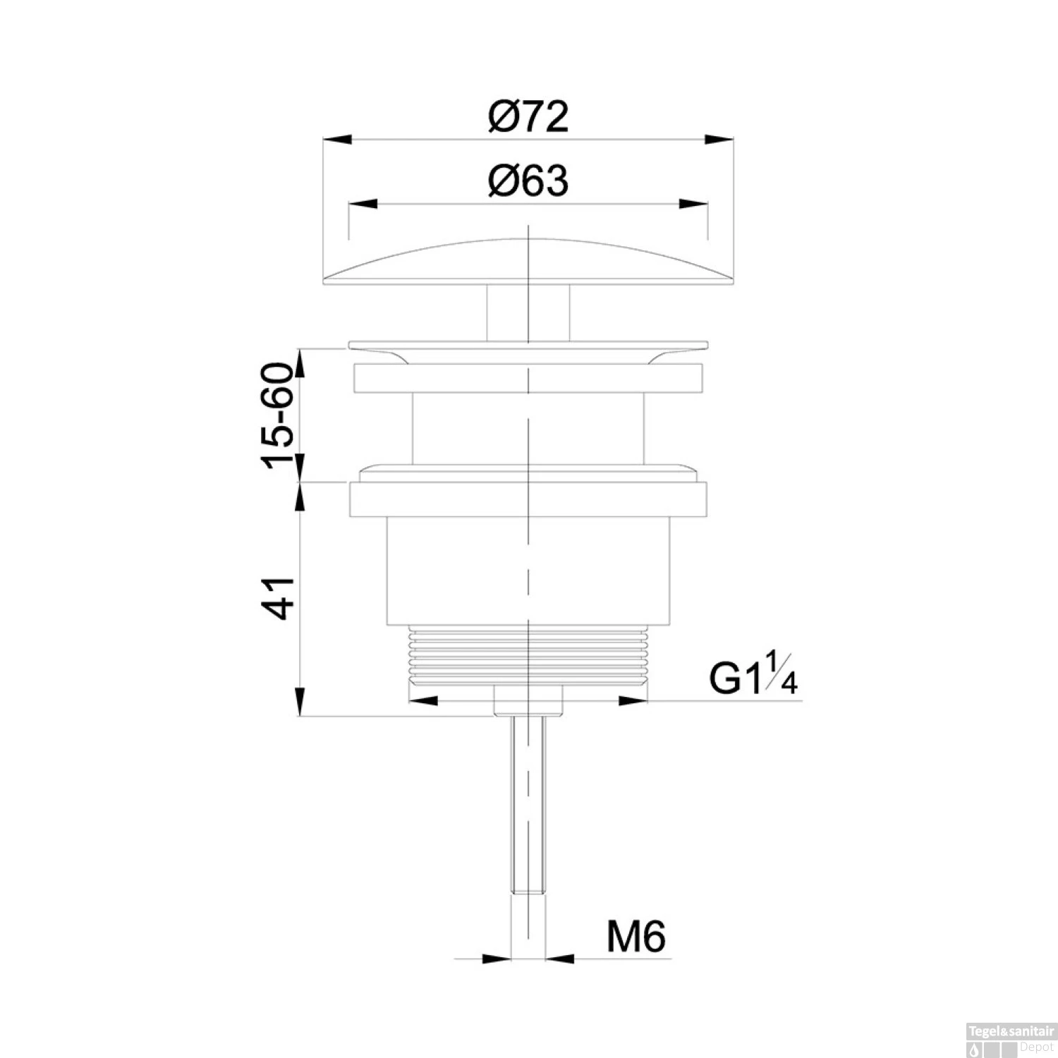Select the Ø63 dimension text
[528, 181]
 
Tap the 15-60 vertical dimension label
[277, 415]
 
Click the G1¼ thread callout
[753, 675]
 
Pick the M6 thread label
[636, 937]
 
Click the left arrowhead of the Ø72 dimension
[336, 139]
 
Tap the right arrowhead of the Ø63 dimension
[694, 204]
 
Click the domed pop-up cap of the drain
[528, 264]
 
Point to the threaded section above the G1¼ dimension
[528, 656]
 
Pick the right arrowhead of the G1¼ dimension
[633, 700]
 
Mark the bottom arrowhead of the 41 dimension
[301, 704]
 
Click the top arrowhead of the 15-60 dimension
[301, 360]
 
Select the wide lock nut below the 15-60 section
[528, 499]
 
